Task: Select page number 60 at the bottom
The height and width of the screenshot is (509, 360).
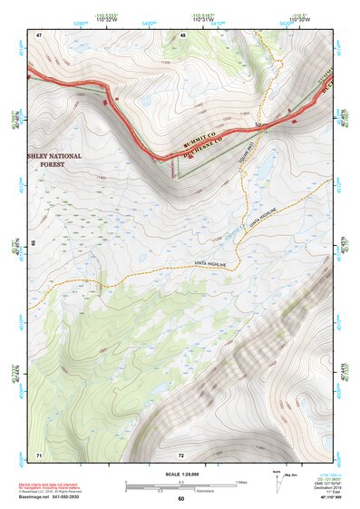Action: (x=180, y=498)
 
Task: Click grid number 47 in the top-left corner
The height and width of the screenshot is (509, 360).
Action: (x=39, y=34)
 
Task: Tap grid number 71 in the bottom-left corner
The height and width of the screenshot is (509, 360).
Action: (x=38, y=454)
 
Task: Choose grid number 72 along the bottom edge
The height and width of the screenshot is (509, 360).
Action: (x=181, y=455)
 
